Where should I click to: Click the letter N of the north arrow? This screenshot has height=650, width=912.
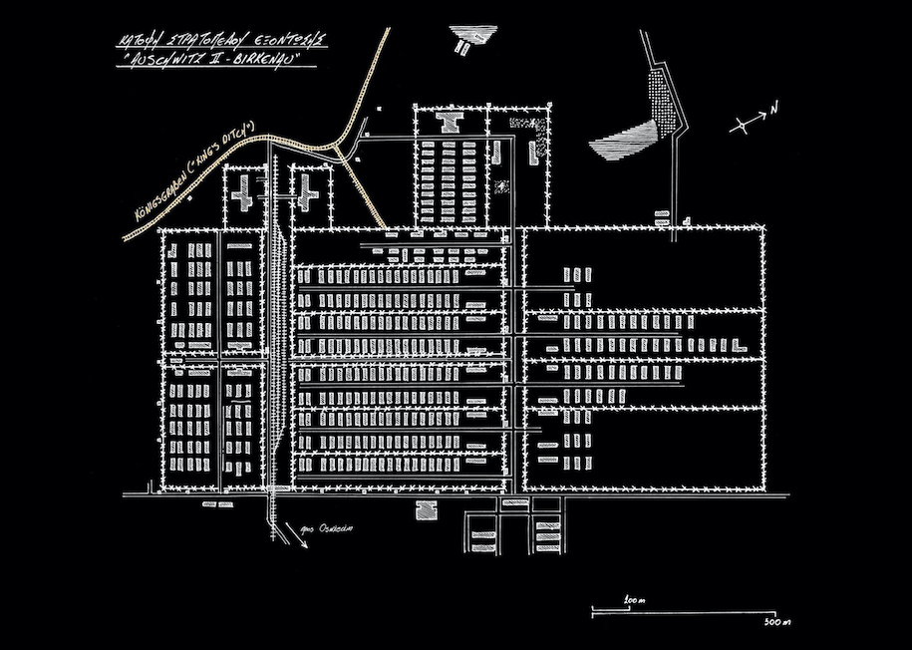pos(774,107)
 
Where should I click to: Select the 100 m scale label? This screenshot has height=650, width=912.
pos(630,600)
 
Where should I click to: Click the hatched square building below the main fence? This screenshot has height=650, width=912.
pos(425,509)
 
